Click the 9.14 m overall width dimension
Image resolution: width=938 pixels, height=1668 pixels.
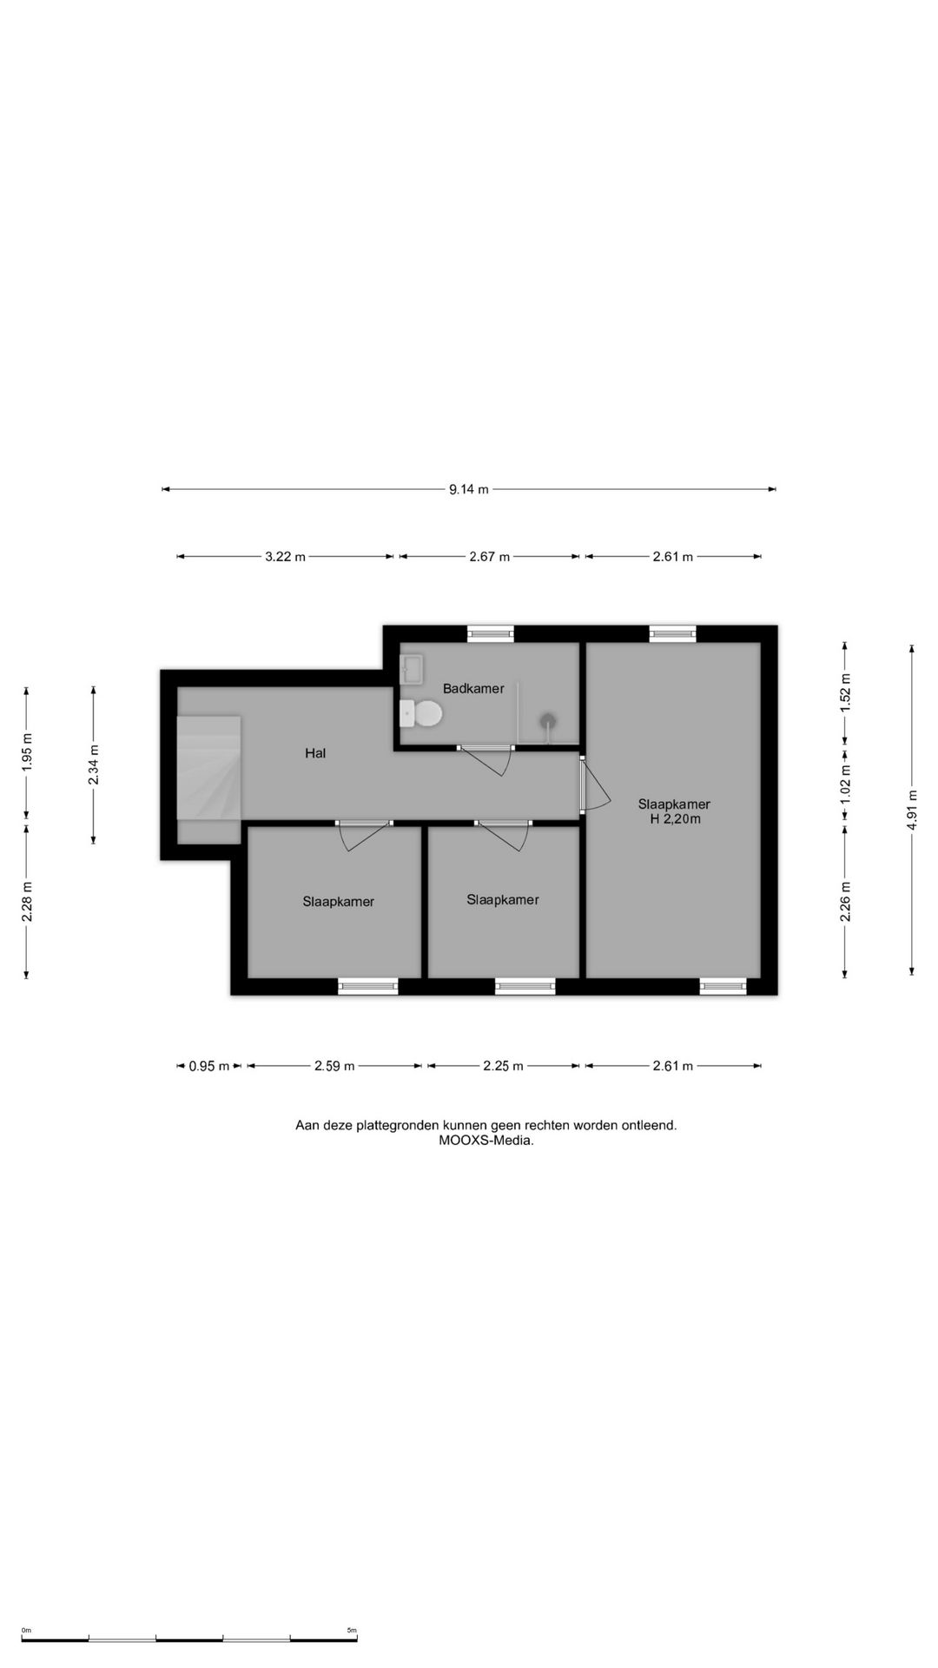click(469, 489)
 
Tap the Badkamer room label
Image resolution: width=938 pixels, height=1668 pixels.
click(473, 689)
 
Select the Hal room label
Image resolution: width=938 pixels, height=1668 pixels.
click(315, 753)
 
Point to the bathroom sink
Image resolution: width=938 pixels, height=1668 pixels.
click(411, 670)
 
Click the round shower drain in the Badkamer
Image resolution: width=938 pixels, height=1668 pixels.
click(548, 720)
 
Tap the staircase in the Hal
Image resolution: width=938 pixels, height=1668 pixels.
click(209, 767)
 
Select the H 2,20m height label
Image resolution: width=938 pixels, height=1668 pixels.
click(676, 818)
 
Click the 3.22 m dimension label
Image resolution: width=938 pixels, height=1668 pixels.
click(285, 557)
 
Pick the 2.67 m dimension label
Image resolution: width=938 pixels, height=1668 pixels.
click(489, 557)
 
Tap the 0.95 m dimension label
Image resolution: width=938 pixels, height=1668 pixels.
click(209, 1066)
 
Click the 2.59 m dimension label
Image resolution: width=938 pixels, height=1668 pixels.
click(334, 1066)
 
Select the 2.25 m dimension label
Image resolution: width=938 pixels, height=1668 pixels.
click(504, 1066)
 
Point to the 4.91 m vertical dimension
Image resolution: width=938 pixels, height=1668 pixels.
click(912, 810)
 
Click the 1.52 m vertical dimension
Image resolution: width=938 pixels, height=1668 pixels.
click(845, 692)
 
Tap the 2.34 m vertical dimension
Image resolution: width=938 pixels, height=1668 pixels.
click(94, 764)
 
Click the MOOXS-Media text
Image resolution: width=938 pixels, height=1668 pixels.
click(486, 1141)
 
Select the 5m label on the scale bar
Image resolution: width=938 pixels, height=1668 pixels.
click(352, 1631)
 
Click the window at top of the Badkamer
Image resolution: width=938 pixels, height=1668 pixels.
click(490, 634)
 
